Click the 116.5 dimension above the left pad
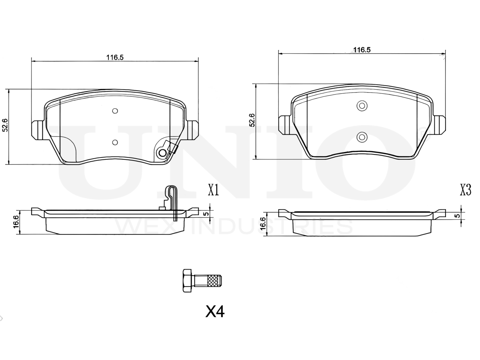pyautogui.click(x=115, y=57)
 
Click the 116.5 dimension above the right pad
pyautogui.click(x=362, y=50)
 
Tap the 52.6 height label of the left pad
pyautogui.click(x=5, y=125)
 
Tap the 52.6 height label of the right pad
pyautogui.click(x=252, y=120)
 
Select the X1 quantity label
pyautogui.click(x=213, y=190)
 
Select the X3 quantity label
pyautogui.click(x=466, y=190)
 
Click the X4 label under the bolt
pyautogui.click(x=215, y=312)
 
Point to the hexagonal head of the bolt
pyautogui.click(x=187, y=280)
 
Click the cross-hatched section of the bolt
pyautogui.click(x=214, y=280)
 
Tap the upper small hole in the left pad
pyautogui.click(x=115, y=111)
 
